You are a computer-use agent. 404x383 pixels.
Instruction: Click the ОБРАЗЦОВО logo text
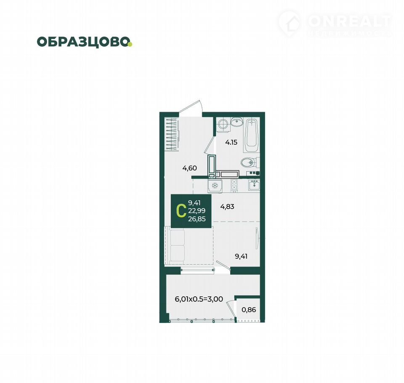(83, 42)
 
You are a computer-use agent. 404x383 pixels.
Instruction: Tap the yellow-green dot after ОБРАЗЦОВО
(130, 44)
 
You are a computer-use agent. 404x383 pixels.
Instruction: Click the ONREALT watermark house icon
(290, 23)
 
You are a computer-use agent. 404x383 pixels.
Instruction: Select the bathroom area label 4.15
(231, 142)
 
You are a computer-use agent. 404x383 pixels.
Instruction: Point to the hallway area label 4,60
(190, 168)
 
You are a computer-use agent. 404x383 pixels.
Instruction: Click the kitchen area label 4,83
(227, 207)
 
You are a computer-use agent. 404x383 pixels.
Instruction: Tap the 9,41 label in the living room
(241, 256)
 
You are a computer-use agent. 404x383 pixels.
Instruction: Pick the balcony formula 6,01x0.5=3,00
(199, 299)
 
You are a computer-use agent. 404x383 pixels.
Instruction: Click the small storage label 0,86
(249, 309)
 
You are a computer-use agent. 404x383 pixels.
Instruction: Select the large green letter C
(181, 211)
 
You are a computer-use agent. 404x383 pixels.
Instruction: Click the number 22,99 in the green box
(197, 211)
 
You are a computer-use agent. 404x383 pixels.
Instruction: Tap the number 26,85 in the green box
(197, 219)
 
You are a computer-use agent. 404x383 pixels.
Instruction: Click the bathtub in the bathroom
(252, 135)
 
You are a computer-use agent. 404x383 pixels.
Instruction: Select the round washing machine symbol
(223, 125)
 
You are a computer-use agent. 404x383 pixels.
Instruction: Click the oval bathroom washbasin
(237, 122)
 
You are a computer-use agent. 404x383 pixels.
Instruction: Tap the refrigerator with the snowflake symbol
(215, 186)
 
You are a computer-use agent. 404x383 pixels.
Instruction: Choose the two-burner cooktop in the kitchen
(234, 186)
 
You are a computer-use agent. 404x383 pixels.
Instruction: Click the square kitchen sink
(254, 185)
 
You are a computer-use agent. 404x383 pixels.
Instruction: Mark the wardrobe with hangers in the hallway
(172, 133)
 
